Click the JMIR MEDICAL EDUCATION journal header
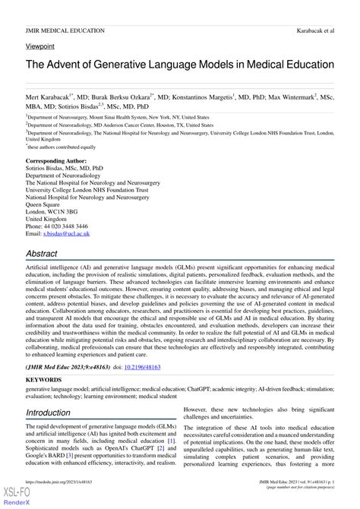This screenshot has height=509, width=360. tap(65, 30)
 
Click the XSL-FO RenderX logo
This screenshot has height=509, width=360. tap(17, 497)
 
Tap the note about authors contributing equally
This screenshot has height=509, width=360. tap(62, 147)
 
